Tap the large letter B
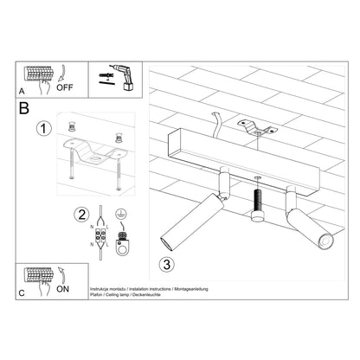[25, 109]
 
